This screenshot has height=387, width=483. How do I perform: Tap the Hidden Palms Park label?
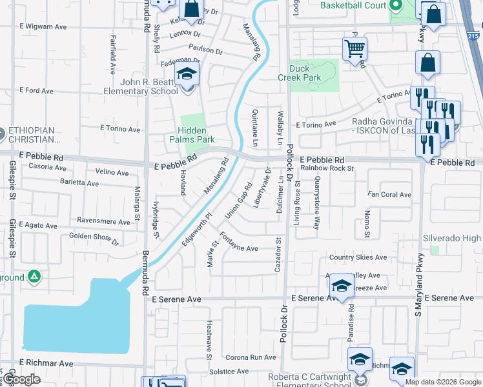(x=192, y=134)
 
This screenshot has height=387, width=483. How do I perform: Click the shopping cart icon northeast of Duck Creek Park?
(x=355, y=48)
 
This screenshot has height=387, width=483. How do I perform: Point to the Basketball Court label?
(x=353, y=6)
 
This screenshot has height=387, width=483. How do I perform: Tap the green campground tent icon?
(x=34, y=277)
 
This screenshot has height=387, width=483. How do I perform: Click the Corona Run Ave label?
(x=251, y=357)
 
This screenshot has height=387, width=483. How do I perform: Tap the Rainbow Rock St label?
(x=327, y=168)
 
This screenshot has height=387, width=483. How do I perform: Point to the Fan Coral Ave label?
(x=389, y=194)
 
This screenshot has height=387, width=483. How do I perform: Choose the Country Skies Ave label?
(x=358, y=257)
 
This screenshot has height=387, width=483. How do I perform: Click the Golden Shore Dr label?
(x=94, y=239)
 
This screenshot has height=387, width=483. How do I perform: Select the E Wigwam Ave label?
(x=44, y=26)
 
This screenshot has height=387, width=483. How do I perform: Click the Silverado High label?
(x=451, y=238)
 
